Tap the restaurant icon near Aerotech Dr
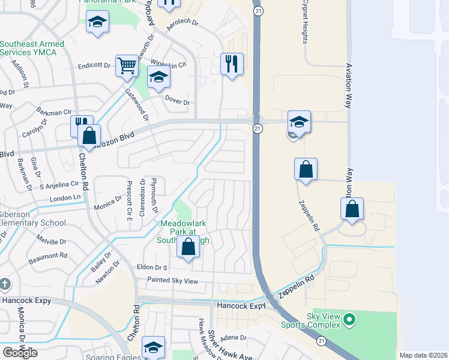(x=232, y=63)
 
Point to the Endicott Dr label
(x=95, y=65)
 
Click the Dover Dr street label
(x=178, y=103)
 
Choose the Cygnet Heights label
(x=305, y=22)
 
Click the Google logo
(x=20, y=353)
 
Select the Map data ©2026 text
(x=423, y=355)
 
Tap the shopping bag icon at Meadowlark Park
(x=188, y=246)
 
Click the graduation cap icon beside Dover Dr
(x=158, y=77)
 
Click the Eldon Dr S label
(x=152, y=268)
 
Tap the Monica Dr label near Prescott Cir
(x=107, y=206)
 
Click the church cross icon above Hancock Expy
(x=5, y=284)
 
